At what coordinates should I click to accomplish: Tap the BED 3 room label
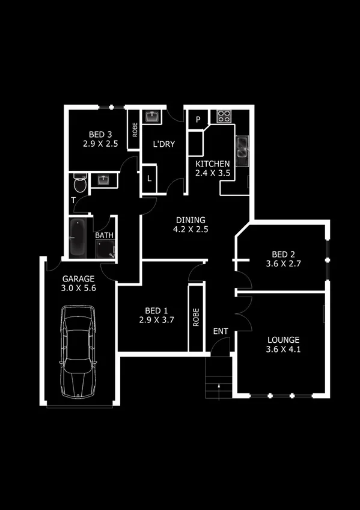pos(100,134)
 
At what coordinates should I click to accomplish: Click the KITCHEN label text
pos(212,164)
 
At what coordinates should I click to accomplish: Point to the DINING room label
pos(190,220)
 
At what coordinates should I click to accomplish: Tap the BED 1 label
pos(156,310)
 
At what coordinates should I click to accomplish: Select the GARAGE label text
pos(79,279)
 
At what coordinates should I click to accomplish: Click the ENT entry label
pos(221,331)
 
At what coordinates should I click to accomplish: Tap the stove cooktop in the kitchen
pos(225,116)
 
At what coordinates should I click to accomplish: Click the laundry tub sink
pos(151,116)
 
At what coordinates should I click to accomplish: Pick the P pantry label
pos(198,120)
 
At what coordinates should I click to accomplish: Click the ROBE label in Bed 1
pos(196,318)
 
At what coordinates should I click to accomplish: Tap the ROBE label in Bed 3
pos(135,130)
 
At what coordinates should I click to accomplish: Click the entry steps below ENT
pos(218,377)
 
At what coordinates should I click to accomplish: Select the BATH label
pos(105,236)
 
